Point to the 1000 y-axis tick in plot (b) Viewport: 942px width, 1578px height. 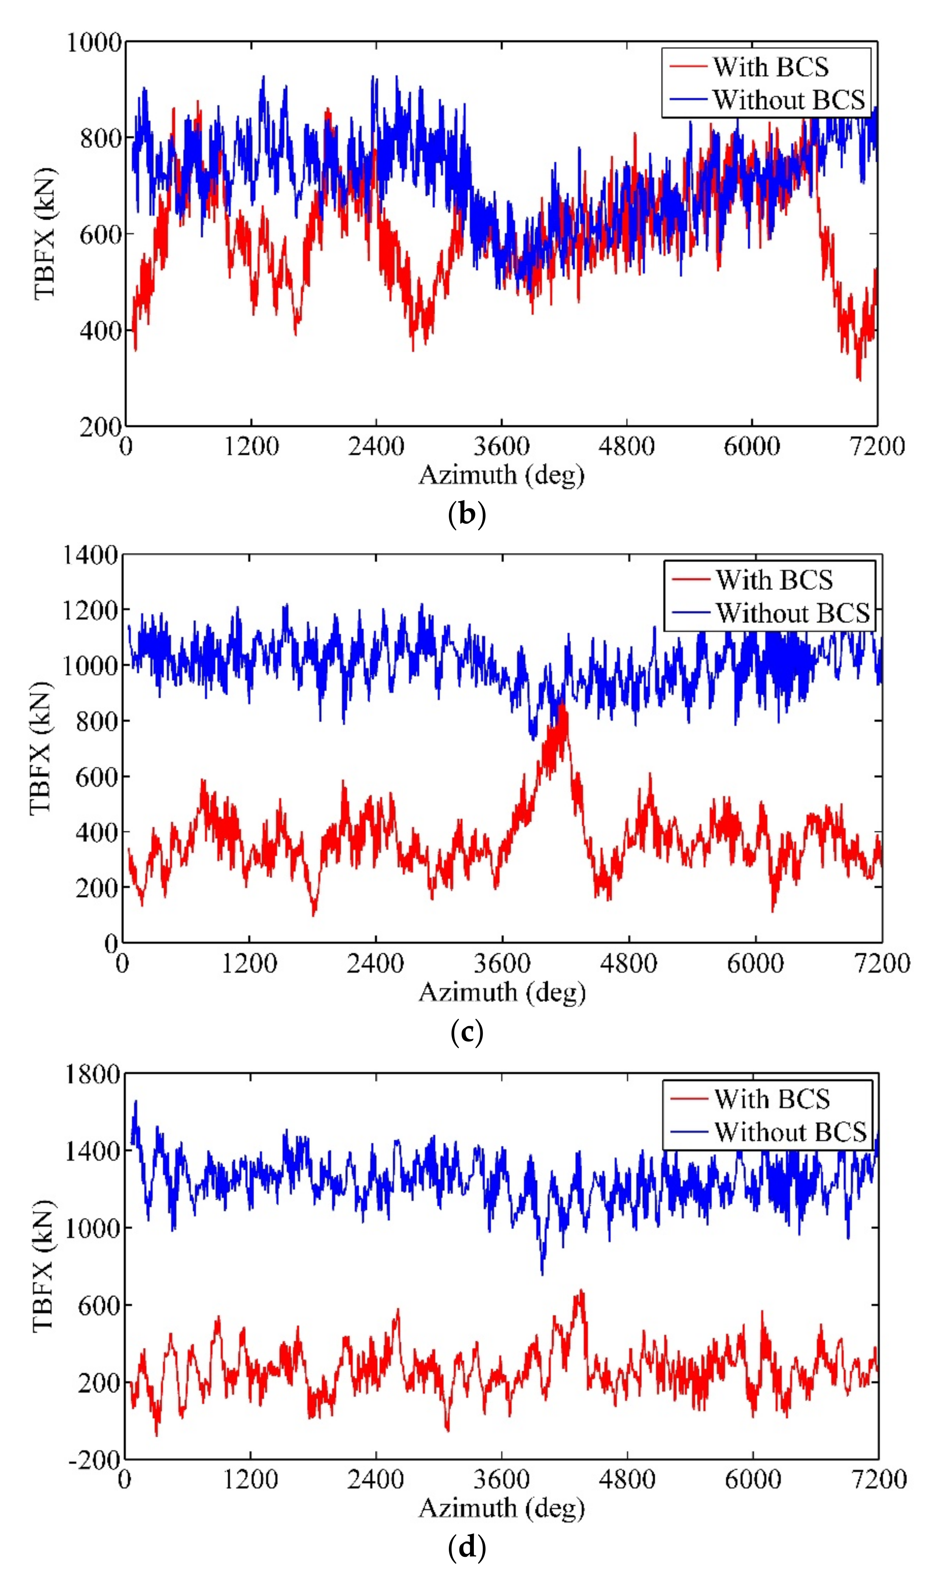(x=94, y=42)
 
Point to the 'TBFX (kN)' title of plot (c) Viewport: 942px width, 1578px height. (x=40, y=748)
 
